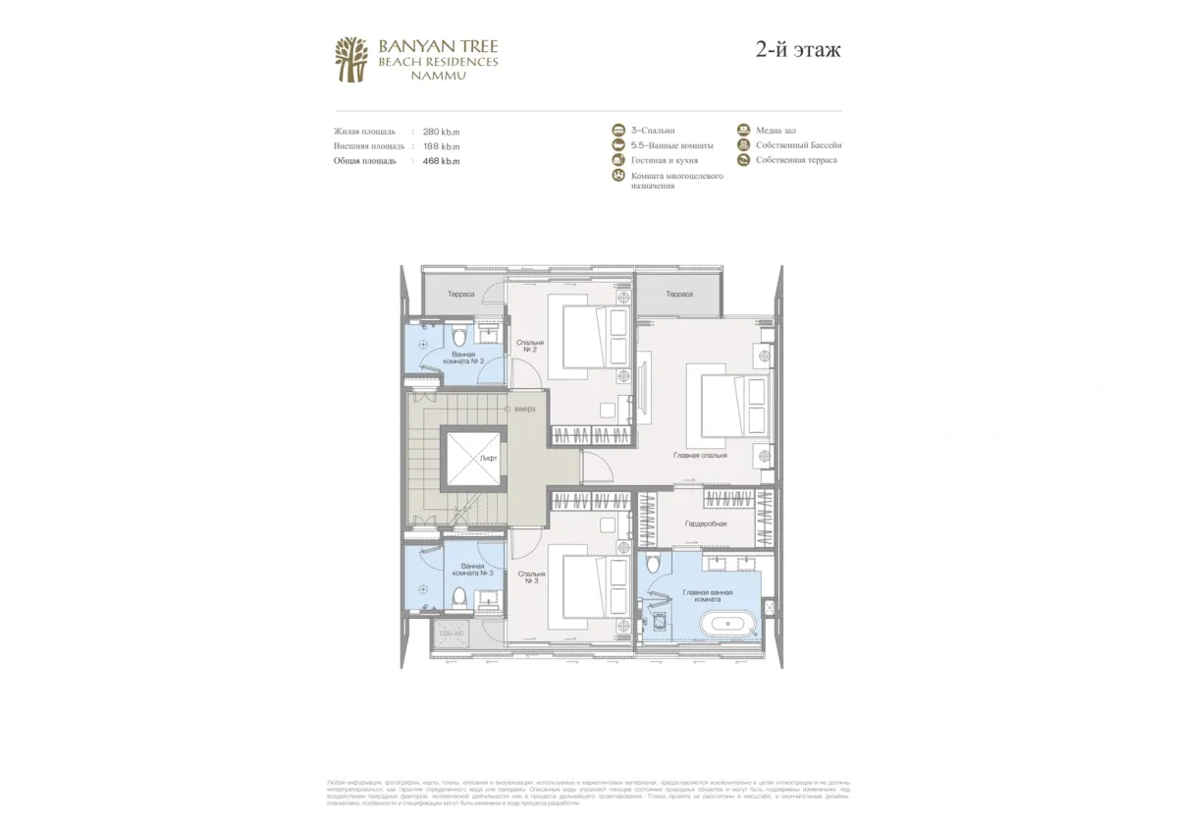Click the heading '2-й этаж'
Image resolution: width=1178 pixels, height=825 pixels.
point(798,50)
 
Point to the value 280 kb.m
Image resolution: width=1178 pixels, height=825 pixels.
point(441,132)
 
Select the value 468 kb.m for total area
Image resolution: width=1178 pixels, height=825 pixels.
point(441,160)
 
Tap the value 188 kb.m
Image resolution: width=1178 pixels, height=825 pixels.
point(441,145)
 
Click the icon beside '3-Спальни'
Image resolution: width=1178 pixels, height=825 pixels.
point(618,131)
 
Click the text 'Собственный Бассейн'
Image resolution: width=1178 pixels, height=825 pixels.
point(798,145)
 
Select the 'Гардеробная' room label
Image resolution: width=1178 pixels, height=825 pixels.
point(705,523)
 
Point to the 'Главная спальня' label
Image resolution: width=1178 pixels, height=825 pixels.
point(700,456)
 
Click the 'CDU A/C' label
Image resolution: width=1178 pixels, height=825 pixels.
point(451,633)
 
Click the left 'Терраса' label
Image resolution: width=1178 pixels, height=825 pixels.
point(461,295)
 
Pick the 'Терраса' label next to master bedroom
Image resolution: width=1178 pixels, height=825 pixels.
point(678,295)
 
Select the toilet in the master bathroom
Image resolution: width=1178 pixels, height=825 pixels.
point(656,562)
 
